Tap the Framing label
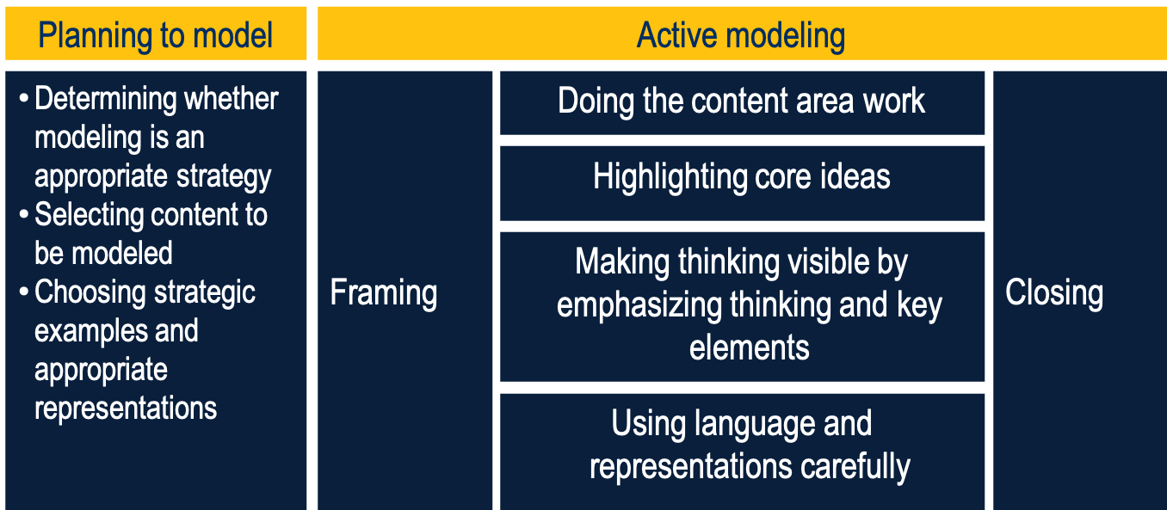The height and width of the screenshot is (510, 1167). [384, 293]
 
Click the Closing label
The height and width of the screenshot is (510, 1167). [1054, 292]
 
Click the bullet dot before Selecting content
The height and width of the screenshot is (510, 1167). [24, 215]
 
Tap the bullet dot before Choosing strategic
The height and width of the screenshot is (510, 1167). [24, 292]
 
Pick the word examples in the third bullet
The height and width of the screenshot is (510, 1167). [116, 331]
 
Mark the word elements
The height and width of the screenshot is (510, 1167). [749, 347]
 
